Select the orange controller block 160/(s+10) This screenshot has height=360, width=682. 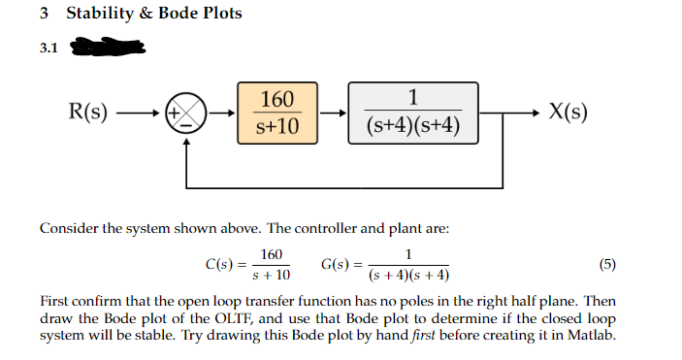pyautogui.click(x=276, y=113)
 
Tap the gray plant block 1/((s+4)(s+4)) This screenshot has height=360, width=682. pyautogui.click(x=414, y=113)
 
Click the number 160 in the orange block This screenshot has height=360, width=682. pyautogui.click(x=276, y=99)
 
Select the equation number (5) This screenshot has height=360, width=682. pyautogui.click(x=607, y=263)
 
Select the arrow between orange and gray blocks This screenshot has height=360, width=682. pyautogui.click(x=332, y=113)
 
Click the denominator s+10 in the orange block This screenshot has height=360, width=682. pyautogui.click(x=276, y=127)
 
